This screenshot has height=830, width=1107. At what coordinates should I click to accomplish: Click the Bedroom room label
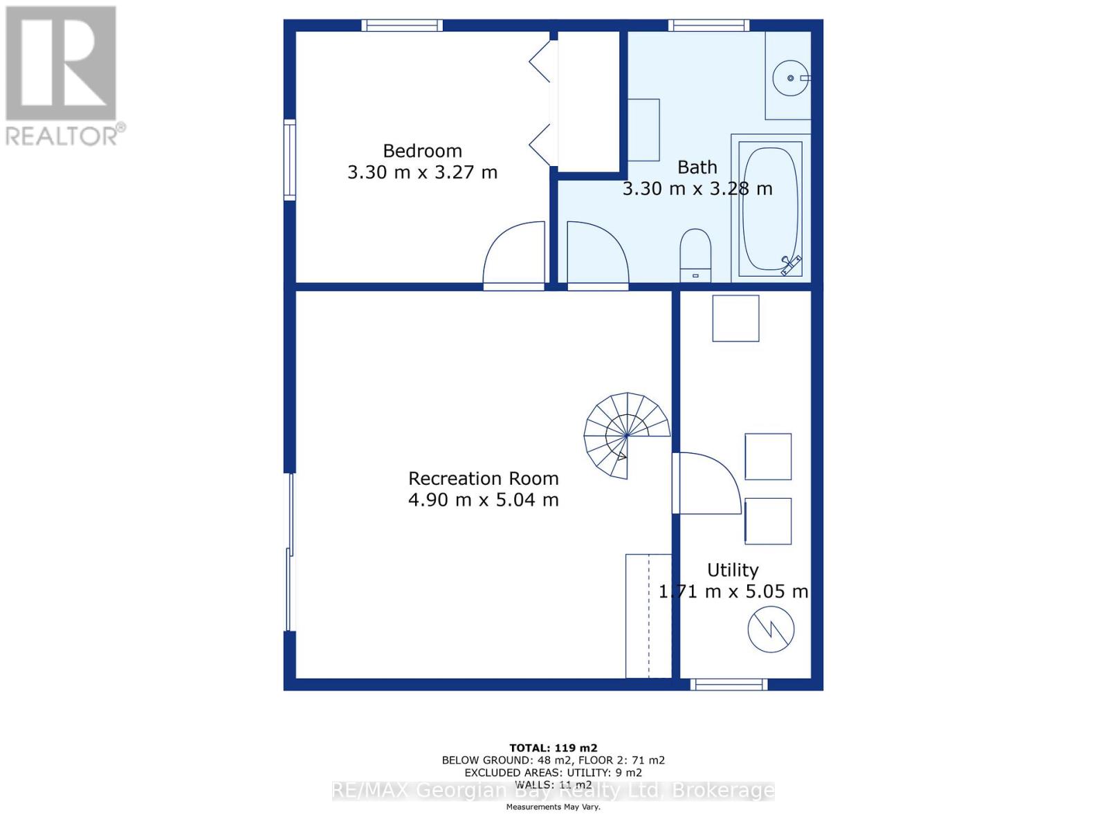tap(422, 151)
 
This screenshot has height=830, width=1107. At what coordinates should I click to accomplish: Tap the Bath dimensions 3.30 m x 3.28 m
tap(697, 188)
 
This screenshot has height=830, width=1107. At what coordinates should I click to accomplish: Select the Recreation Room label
tap(483, 479)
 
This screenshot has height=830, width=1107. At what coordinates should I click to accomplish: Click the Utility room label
tap(733, 570)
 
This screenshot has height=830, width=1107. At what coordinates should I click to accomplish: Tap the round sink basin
tap(790, 78)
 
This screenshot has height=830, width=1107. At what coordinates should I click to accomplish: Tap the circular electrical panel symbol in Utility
tap(770, 629)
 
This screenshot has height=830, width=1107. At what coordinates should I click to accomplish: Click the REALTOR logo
tap(62, 76)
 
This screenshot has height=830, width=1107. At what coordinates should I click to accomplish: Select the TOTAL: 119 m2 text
tap(553, 748)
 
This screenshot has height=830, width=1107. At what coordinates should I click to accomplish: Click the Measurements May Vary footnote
tap(553, 807)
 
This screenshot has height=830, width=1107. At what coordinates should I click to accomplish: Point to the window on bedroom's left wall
tap(290, 160)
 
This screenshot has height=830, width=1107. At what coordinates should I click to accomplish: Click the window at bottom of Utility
tap(729, 685)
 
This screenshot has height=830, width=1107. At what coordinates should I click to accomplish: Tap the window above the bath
tap(708, 26)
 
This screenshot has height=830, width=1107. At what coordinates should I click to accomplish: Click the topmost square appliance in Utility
tap(735, 318)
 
